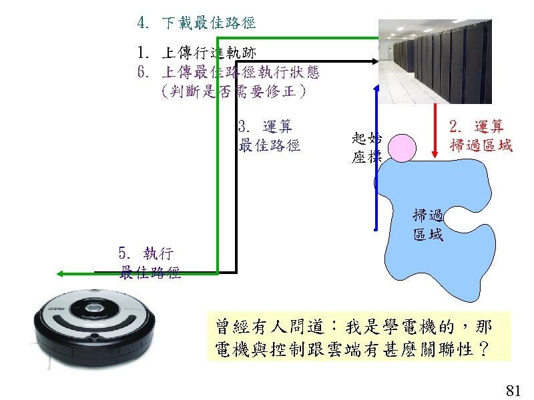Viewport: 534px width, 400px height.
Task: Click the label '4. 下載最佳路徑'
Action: [x=196, y=23]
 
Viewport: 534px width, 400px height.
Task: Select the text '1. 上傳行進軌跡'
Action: [x=196, y=53]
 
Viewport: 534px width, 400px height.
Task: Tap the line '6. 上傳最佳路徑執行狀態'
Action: [x=224, y=71]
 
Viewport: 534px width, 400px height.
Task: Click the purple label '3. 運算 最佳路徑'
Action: [x=269, y=136]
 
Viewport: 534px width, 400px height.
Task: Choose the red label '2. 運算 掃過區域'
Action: [x=481, y=136]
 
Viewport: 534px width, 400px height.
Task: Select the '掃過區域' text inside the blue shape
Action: [x=428, y=225]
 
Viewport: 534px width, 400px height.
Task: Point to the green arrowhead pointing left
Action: [x=61, y=273]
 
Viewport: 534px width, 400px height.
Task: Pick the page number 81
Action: [x=513, y=390]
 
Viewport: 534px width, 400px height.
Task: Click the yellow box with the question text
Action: [x=359, y=337]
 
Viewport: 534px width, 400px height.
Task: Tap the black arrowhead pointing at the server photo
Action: [x=374, y=61]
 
